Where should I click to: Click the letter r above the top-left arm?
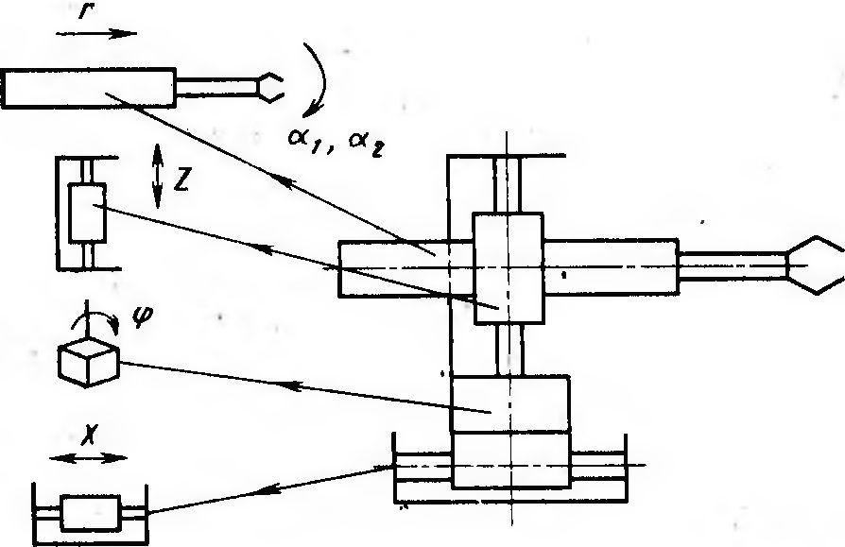pyautogui.click(x=85, y=10)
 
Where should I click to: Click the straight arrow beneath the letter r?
pyautogui.click(x=95, y=34)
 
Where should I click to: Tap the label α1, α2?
pyautogui.click(x=336, y=141)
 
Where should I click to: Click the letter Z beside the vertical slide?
pyautogui.click(x=181, y=182)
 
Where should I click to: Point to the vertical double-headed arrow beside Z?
pyautogui.click(x=157, y=176)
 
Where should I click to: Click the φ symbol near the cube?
pyautogui.click(x=142, y=316)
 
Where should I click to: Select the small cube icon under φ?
pyautogui.click(x=89, y=363)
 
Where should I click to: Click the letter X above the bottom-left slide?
pyautogui.click(x=89, y=434)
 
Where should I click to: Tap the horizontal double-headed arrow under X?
pyautogui.click(x=89, y=458)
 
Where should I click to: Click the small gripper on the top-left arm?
pyautogui.click(x=270, y=87)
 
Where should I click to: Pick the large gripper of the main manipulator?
pyautogui.click(x=815, y=265)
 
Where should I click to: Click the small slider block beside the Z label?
pyautogui.click(x=87, y=213)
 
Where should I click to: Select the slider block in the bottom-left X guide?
pyautogui.click(x=91, y=513)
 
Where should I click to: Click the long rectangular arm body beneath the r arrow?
pyautogui.click(x=89, y=88)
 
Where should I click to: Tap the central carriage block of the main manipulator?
pyautogui.click(x=509, y=268)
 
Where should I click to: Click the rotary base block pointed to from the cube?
pyautogui.click(x=509, y=403)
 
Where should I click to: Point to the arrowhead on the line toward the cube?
pyautogui.click(x=291, y=385)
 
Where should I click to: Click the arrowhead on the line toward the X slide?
pyautogui.click(x=266, y=489)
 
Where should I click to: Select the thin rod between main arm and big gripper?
pyautogui.click(x=733, y=266)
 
